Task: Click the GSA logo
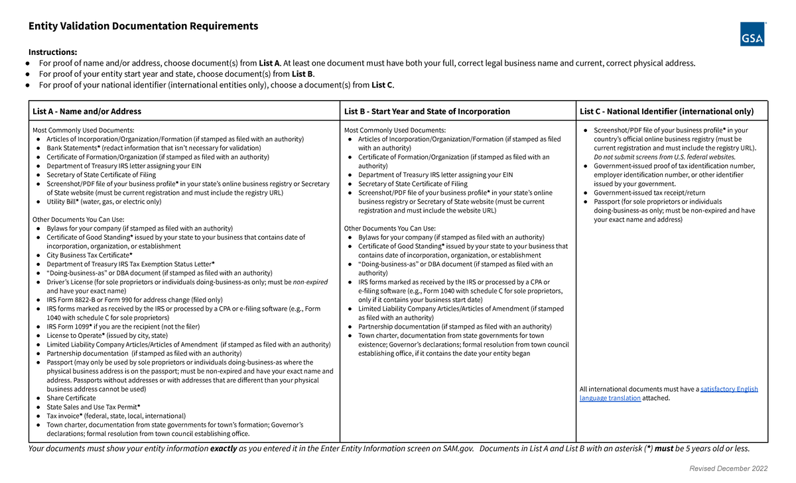coord(752,34)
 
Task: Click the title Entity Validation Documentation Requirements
coord(143,27)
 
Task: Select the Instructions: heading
coord(52,52)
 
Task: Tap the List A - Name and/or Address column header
coord(87,111)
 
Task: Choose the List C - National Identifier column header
coord(667,111)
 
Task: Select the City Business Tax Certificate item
coord(90,255)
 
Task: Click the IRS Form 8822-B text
coord(72,300)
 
